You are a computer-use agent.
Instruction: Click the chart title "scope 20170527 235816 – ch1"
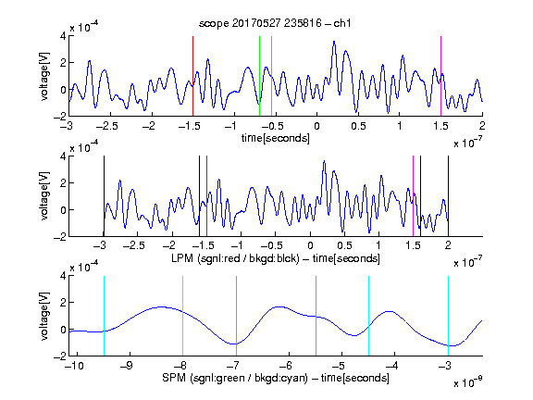point(275,23)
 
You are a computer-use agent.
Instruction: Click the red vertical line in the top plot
point(192,76)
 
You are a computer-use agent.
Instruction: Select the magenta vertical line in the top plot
point(440,76)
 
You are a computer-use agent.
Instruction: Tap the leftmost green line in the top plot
point(259,76)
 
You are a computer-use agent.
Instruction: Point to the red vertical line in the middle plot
point(206,196)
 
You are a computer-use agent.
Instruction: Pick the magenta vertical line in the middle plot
point(413,196)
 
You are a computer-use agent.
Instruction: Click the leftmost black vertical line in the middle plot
point(104,196)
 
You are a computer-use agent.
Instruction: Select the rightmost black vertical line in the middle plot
point(448,196)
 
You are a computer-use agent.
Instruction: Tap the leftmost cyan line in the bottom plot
point(104,316)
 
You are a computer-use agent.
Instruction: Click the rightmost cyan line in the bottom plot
point(448,316)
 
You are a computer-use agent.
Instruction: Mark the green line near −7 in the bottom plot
point(236,316)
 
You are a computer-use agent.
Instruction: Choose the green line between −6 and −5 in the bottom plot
point(316,316)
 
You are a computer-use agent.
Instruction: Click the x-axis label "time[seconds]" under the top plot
point(276,139)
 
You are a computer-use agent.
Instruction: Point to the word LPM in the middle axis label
point(182,258)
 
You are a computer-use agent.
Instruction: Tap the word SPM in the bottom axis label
point(174,378)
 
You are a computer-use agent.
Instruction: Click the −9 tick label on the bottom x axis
point(127,366)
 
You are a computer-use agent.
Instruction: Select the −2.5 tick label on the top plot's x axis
point(106,126)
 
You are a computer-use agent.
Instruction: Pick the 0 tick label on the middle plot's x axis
point(310,245)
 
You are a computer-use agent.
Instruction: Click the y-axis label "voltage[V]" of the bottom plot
point(44,316)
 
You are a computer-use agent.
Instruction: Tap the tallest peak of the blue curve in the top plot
point(334,42)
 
